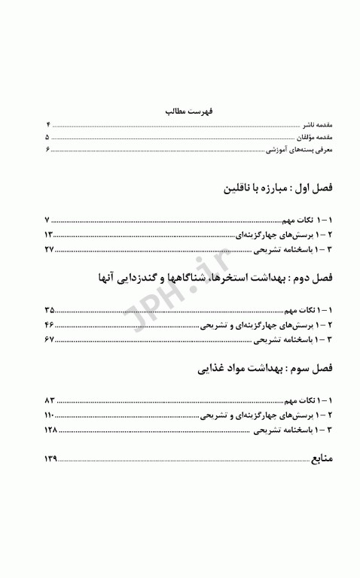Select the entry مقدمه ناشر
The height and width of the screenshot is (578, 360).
coord(317,124)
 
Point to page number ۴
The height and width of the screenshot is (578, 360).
coord(47,124)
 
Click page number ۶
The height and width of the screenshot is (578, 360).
coord(47,151)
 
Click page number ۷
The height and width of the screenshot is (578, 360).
coord(47,221)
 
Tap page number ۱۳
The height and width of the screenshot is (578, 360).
coord(48,235)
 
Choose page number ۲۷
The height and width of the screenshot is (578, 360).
coord(49,248)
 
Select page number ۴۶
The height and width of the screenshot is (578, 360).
coord(50,324)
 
